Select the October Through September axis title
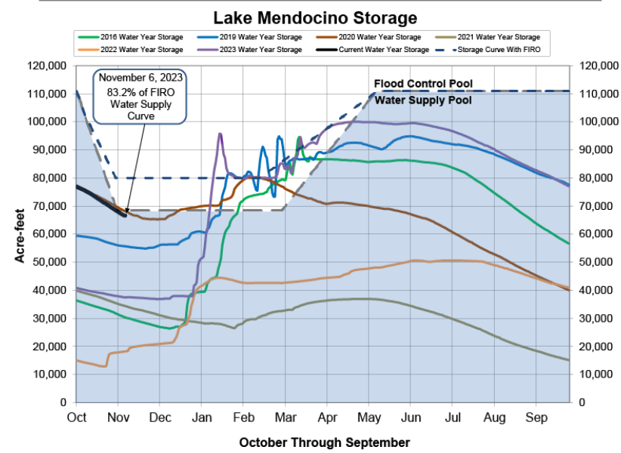pos(324,442)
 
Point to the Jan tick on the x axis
pos(201,416)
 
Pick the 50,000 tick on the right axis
pos(594,262)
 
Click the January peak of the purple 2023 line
pos(220,134)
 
